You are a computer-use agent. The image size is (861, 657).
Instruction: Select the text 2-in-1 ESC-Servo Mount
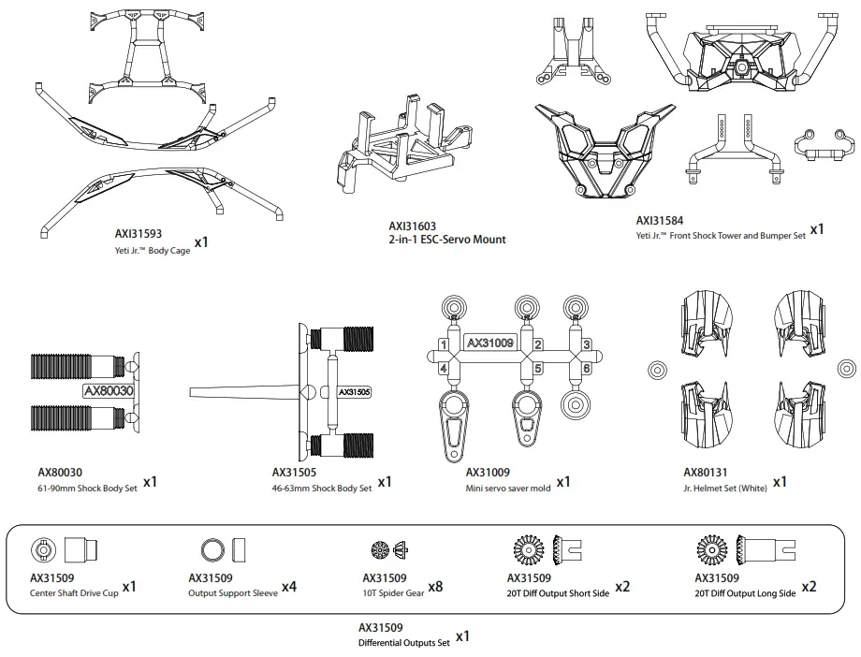446,240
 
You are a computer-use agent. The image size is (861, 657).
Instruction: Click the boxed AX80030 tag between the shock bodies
109,390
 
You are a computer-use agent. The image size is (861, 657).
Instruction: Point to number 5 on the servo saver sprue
538,368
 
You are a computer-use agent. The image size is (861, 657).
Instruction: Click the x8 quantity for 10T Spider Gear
433,587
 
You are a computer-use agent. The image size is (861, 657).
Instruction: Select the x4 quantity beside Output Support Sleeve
289,587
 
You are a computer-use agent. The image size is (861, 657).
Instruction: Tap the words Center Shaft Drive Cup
74,593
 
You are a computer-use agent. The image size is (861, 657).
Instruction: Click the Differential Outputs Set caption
403,643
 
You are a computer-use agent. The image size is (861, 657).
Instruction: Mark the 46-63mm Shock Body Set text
321,488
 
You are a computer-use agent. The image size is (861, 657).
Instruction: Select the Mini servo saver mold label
508,488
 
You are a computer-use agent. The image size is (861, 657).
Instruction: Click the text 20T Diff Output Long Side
745,593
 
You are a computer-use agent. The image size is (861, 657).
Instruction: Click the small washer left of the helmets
656,371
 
